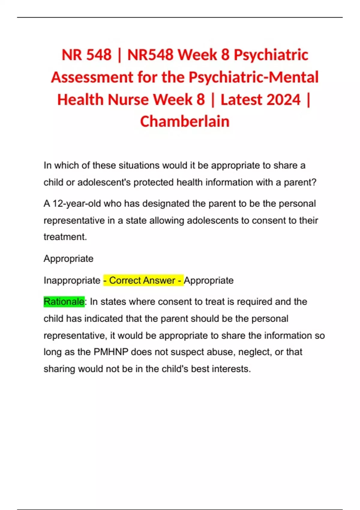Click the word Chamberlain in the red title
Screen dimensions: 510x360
185,122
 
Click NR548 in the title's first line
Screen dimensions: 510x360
150,55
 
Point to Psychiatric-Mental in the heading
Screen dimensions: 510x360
253,77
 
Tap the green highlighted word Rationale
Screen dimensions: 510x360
64,301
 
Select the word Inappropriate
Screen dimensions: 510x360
72,280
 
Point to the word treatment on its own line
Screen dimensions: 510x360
65,237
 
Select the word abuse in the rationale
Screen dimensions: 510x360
220,352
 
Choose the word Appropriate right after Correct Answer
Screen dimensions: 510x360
209,280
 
